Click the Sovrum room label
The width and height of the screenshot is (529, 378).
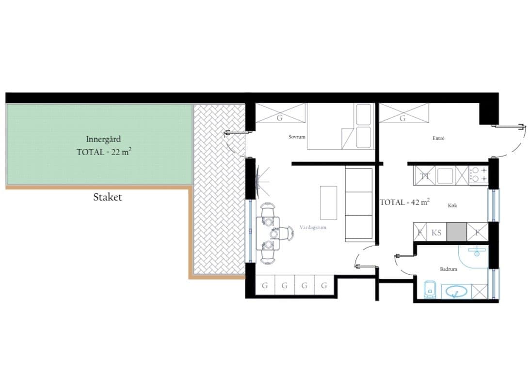tap(297, 137)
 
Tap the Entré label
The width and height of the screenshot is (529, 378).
tap(438, 138)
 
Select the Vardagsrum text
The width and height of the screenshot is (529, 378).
tap(313, 227)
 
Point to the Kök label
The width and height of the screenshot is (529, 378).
tap(452, 205)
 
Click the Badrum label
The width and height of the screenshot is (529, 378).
tap(449, 269)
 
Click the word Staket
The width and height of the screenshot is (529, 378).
tap(108, 197)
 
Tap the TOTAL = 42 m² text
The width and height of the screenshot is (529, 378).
tap(405, 202)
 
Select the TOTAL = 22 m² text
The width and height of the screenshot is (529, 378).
tap(104, 152)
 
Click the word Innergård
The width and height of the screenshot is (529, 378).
tap(103, 139)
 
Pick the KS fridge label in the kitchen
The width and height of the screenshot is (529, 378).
tap(436, 232)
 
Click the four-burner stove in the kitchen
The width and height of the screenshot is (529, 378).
tap(479, 174)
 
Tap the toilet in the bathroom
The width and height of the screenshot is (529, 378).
tap(429, 289)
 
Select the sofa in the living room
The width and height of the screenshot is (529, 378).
tap(360, 205)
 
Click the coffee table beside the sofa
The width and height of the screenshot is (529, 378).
tap(328, 203)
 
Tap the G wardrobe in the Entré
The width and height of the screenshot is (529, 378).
tap(404, 113)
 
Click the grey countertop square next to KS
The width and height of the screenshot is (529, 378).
tap(456, 232)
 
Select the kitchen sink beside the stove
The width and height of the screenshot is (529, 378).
tap(445, 175)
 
